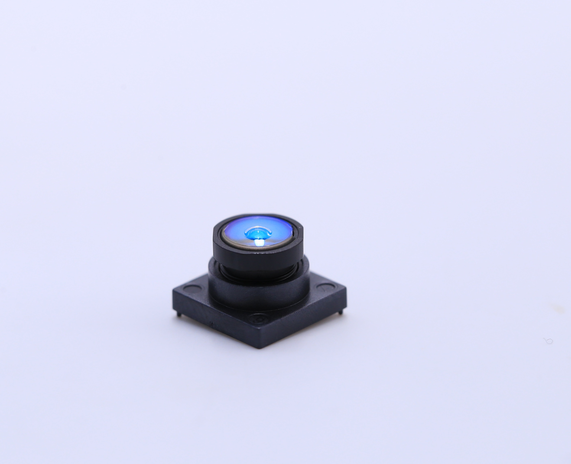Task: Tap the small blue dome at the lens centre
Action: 258,234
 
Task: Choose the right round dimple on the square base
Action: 325,287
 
